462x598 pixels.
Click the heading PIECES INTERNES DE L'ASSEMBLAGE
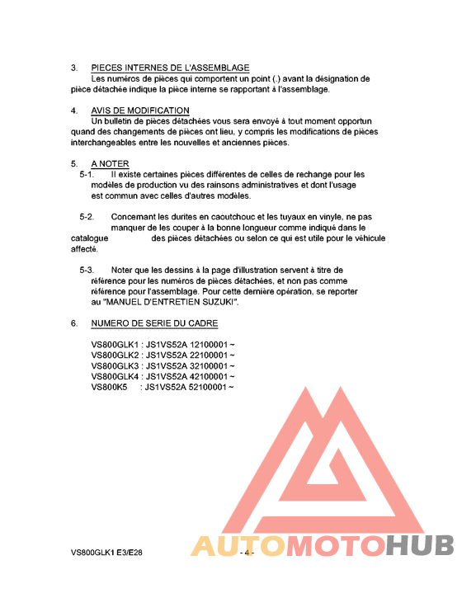click(x=170, y=68)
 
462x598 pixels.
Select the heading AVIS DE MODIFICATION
click(x=139, y=111)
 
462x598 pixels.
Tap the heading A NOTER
click(x=109, y=163)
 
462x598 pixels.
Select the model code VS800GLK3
click(x=115, y=365)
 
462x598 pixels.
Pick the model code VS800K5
click(x=109, y=387)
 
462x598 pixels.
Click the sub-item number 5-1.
click(x=86, y=175)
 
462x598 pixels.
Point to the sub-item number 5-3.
click(x=86, y=271)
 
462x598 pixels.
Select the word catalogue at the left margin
click(x=89, y=238)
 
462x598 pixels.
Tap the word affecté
click(x=83, y=249)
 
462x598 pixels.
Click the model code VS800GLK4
click(x=115, y=376)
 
